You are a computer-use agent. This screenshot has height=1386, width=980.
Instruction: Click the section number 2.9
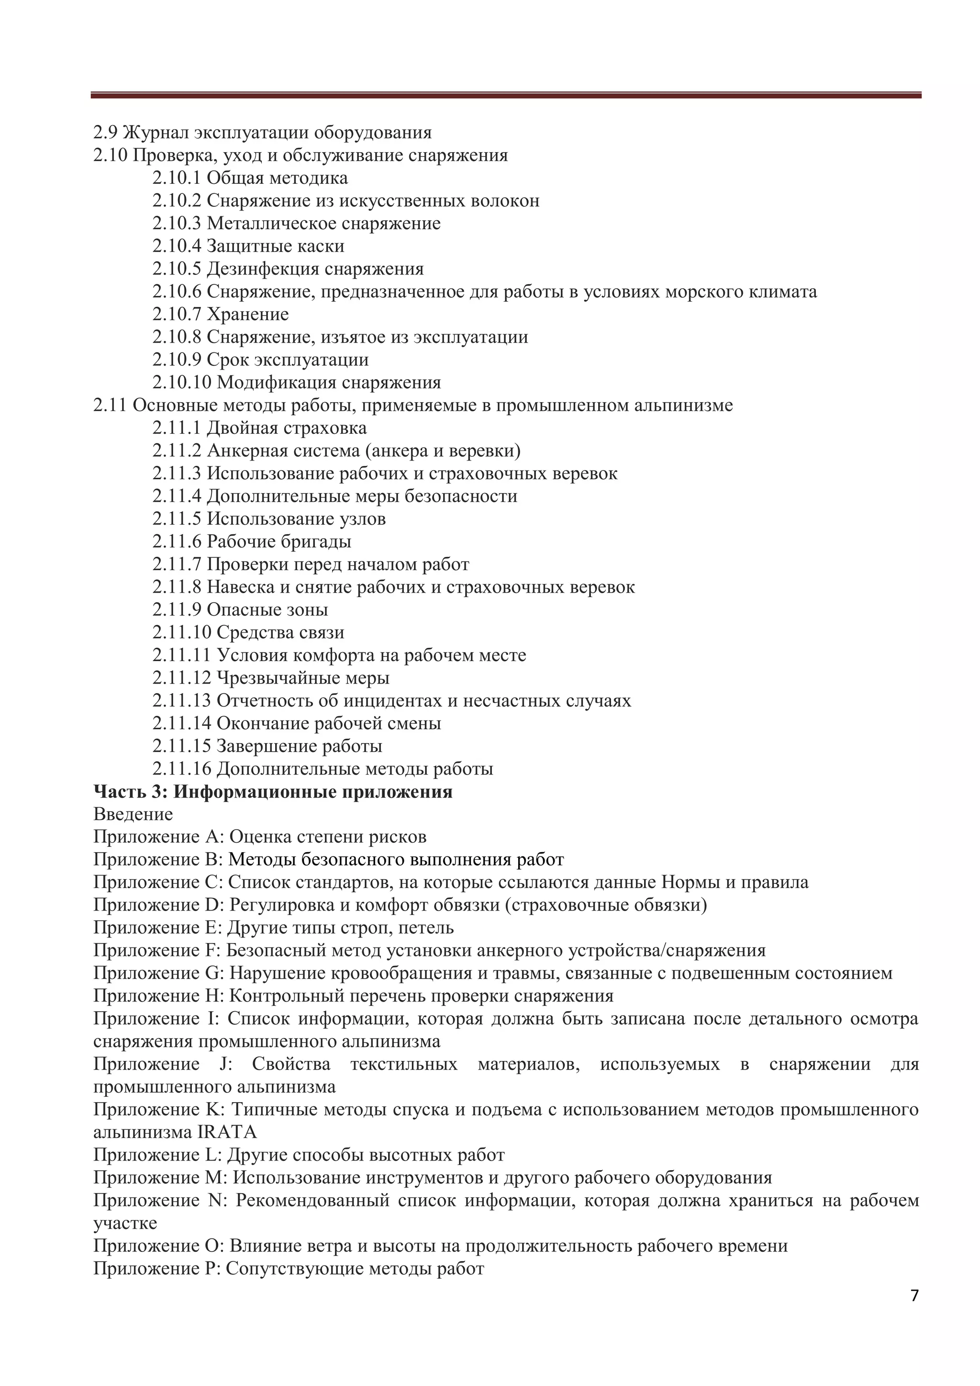[106, 133]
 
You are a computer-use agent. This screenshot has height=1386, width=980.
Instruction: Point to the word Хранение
[247, 315]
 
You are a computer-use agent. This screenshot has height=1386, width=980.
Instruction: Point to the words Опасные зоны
[267, 609]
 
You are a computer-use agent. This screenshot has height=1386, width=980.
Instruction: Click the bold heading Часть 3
[127, 791]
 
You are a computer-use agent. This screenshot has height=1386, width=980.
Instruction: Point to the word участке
[125, 1223]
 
